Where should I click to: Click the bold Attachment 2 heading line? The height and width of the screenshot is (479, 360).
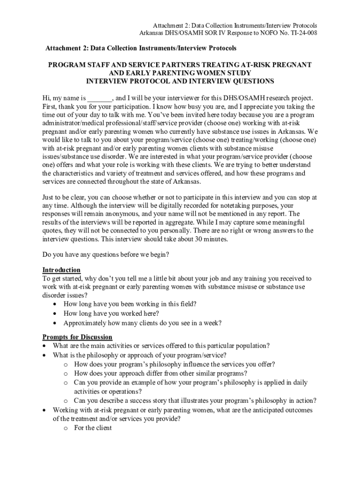click(x=141, y=48)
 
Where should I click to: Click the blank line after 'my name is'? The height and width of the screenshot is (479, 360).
click(x=100, y=98)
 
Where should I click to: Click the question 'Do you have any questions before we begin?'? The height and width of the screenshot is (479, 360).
click(x=106, y=255)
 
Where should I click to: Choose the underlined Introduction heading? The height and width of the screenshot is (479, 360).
click(x=61, y=270)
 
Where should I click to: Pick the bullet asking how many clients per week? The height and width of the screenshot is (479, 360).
click(x=142, y=323)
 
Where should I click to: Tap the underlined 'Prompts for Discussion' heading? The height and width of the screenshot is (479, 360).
click(x=77, y=337)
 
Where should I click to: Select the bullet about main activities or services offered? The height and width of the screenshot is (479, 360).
click(x=161, y=346)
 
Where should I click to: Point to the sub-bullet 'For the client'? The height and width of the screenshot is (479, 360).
click(x=93, y=428)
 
